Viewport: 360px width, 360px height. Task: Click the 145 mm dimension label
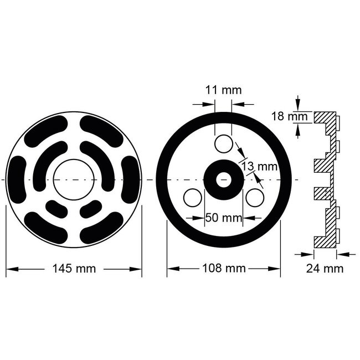pyautogui.click(x=74, y=269)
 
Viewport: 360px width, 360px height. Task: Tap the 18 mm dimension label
pyautogui.click(x=282, y=116)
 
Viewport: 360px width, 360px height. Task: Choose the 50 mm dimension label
pyautogui.click(x=221, y=218)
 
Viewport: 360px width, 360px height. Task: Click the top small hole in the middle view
pyautogui.click(x=224, y=144)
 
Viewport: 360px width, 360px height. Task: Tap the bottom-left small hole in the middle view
pyautogui.click(x=193, y=198)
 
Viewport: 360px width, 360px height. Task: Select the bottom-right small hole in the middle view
pyautogui.click(x=255, y=198)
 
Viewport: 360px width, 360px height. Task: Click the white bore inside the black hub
pyautogui.click(x=224, y=180)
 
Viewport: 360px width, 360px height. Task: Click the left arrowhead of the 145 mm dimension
pyautogui.click(x=9, y=269)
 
